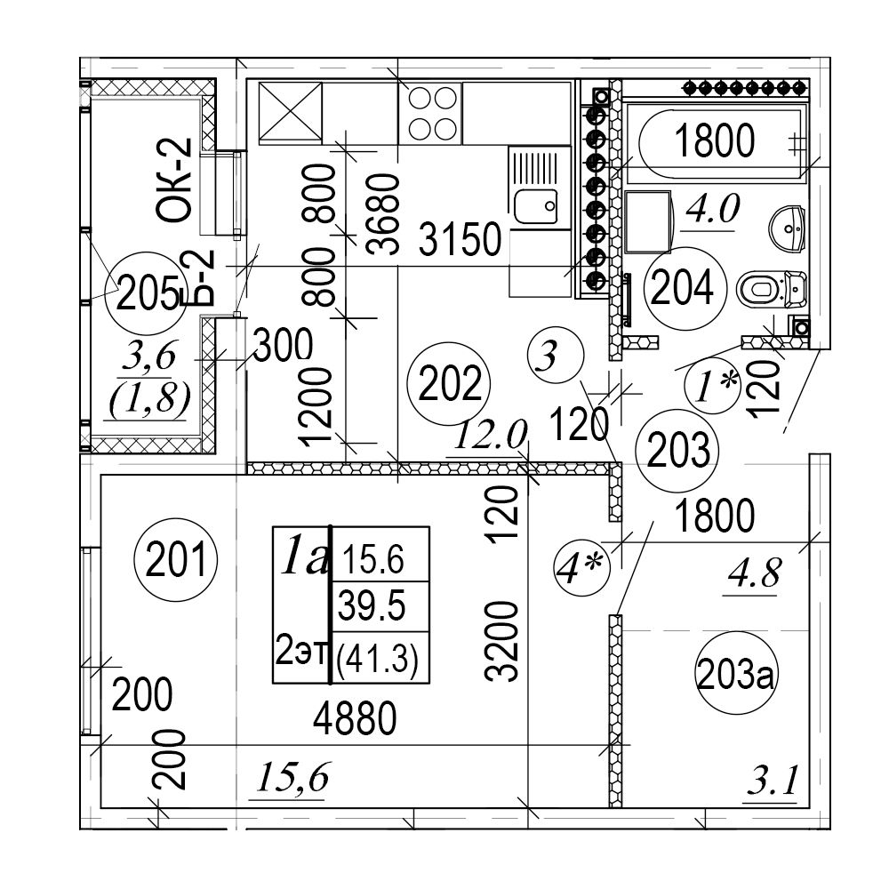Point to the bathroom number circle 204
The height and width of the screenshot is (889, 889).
point(680,287)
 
